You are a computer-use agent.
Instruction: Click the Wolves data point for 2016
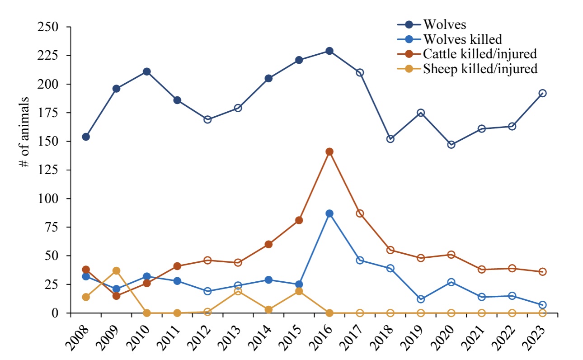(x=329, y=51)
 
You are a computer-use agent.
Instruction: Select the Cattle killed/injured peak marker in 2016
(x=329, y=152)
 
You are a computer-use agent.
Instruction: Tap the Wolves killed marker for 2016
(x=329, y=213)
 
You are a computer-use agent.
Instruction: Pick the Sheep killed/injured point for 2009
(x=116, y=270)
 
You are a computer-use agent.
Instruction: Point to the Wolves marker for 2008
(x=86, y=137)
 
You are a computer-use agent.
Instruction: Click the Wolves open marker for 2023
(x=542, y=93)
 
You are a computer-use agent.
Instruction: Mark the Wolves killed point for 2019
(x=421, y=299)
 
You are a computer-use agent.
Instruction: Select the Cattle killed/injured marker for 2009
(x=116, y=296)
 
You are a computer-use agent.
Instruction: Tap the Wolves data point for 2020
(x=451, y=145)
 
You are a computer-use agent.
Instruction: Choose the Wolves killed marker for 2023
(x=542, y=305)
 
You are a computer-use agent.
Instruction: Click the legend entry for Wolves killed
(x=463, y=38)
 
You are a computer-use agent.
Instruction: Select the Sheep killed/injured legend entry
(x=480, y=68)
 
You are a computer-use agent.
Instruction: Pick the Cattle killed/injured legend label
(x=480, y=53)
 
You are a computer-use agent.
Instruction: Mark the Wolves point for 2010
(x=146, y=71)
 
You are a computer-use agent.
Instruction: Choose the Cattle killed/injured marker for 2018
(x=390, y=250)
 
